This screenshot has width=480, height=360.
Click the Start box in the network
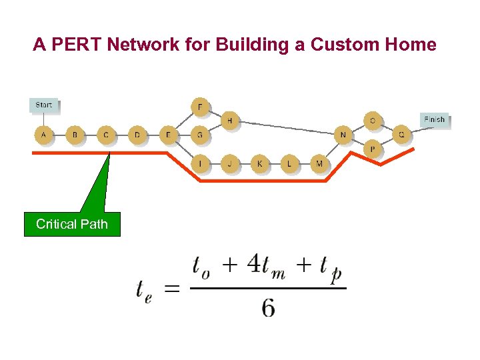click(44, 105)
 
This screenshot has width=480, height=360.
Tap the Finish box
click(434, 119)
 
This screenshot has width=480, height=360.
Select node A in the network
click(44, 135)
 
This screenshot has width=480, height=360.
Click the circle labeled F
click(200, 107)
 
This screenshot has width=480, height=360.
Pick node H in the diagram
click(230, 121)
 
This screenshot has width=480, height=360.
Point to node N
click(343, 135)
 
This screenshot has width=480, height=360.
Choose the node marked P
click(373, 149)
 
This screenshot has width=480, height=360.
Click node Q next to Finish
click(401, 135)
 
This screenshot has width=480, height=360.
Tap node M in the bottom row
click(319, 163)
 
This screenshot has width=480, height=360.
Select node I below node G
click(201, 163)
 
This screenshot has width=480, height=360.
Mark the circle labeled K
click(260, 163)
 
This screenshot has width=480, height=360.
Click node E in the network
click(169, 135)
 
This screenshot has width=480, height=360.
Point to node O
click(373, 121)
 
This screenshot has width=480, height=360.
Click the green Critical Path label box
click(72, 224)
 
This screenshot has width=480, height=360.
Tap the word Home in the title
click(414, 45)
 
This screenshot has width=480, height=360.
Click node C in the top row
click(106, 135)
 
